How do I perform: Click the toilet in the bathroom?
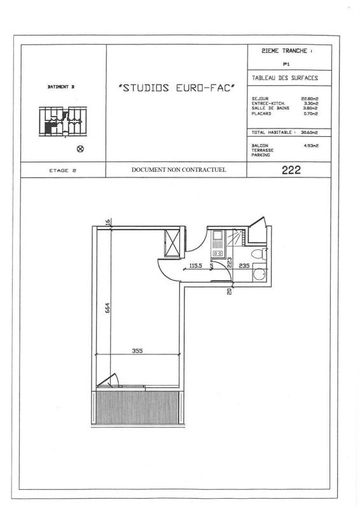click(259, 254)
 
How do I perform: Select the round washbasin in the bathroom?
click(259, 274)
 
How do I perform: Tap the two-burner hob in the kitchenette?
click(218, 253)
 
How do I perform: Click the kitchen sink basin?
click(217, 234)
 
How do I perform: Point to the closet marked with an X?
click(172, 243)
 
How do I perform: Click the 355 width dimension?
click(137, 351)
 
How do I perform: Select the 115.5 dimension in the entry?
click(196, 265)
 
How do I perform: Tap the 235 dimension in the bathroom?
click(244, 265)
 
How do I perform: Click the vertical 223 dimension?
click(229, 263)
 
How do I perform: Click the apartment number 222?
click(291, 170)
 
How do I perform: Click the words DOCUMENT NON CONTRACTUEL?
click(179, 169)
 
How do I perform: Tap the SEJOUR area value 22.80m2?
click(310, 99)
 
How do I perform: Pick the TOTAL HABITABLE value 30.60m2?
click(309, 132)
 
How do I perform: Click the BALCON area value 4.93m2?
click(311, 146)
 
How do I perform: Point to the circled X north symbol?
click(80, 149)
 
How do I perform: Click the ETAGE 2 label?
click(63, 171)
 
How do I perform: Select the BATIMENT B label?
click(61, 87)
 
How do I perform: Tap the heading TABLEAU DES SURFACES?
click(285, 78)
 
